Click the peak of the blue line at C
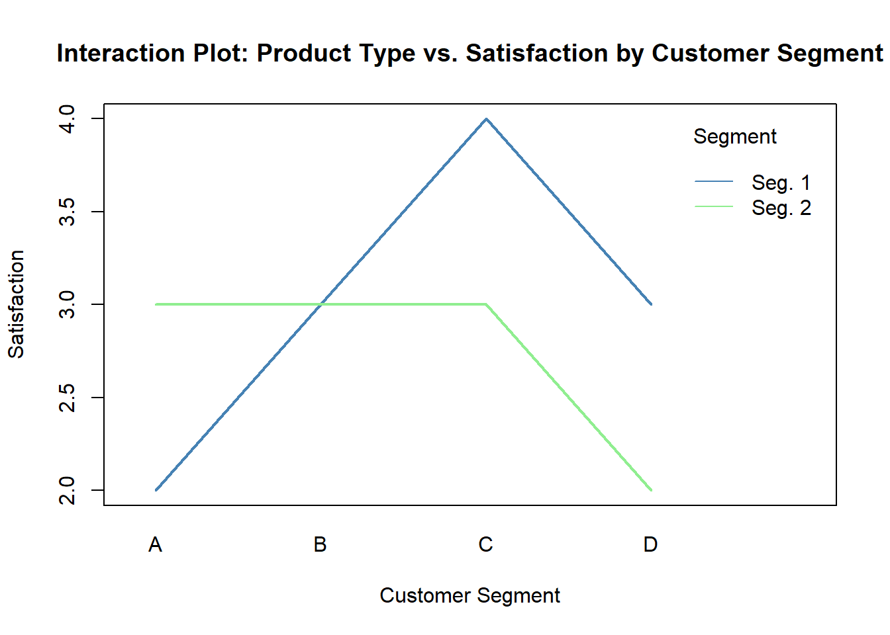[x=486, y=119]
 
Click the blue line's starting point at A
[x=156, y=490]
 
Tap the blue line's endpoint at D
[x=652, y=304]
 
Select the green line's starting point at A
[x=156, y=304]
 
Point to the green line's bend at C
[x=486, y=304]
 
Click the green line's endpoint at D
[x=652, y=490]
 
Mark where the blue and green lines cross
[x=321, y=304]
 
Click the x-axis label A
[x=156, y=544]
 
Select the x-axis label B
[x=321, y=544]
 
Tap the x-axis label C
[x=486, y=544]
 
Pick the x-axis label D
[x=651, y=544]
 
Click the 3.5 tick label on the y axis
[x=68, y=212]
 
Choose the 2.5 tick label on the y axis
[x=68, y=398]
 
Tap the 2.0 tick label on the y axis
[x=68, y=490]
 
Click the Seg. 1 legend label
[x=781, y=183]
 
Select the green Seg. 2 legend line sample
[x=714, y=207]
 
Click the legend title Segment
[x=735, y=136]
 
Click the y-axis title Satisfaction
[x=16, y=304]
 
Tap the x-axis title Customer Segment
[x=470, y=595]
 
